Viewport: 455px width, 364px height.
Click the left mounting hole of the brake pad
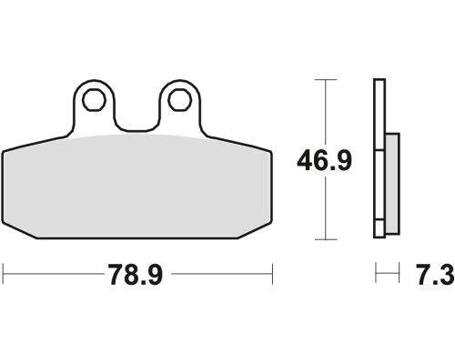click(94, 100)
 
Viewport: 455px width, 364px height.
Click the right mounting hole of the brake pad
click(180, 100)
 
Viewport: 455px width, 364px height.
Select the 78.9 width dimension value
click(136, 275)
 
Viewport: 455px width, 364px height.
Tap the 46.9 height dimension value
click(324, 160)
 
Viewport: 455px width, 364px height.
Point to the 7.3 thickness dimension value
click(435, 275)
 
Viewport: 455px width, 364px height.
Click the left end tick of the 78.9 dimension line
click(3, 274)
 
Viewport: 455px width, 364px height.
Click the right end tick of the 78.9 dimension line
click(272, 274)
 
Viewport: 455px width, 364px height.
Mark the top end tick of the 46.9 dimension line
click(326, 80)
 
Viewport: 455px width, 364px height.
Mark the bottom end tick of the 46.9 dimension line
click(326, 239)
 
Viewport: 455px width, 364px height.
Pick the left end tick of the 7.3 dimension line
click(376, 273)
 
